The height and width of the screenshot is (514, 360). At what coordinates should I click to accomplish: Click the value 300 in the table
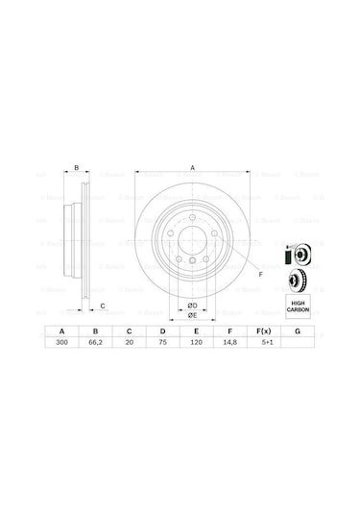click(x=63, y=342)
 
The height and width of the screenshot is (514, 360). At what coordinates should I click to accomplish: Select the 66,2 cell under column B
click(x=93, y=342)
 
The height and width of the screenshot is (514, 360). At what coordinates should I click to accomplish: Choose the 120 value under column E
click(x=195, y=342)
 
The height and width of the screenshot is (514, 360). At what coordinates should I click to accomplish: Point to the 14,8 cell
click(x=229, y=342)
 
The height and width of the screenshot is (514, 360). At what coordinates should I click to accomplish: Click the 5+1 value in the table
click(x=264, y=342)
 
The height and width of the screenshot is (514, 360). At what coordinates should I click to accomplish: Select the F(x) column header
click(x=264, y=330)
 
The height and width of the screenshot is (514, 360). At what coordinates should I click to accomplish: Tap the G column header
click(x=299, y=330)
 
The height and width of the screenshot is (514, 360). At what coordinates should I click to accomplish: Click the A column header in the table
click(x=63, y=330)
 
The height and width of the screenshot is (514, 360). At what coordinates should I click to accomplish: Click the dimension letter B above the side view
click(x=76, y=168)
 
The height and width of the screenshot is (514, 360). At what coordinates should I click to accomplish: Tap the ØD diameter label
click(x=192, y=306)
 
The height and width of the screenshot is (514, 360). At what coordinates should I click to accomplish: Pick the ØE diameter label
click(x=192, y=314)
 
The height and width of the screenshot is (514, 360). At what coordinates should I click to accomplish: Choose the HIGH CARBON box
click(x=298, y=306)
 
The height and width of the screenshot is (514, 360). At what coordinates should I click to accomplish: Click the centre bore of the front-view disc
click(x=192, y=240)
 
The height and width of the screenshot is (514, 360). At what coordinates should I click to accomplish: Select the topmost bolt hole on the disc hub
click(x=192, y=216)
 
